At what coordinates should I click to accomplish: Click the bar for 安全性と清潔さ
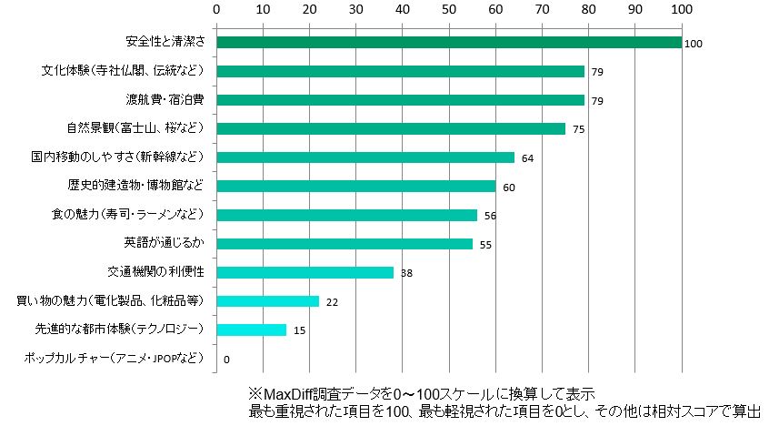[x=448, y=42]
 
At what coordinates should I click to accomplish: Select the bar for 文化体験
[x=400, y=71]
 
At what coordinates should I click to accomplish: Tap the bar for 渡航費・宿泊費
[x=400, y=99]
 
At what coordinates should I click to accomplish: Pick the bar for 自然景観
[x=391, y=128]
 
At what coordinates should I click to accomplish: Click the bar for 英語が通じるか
[x=345, y=243]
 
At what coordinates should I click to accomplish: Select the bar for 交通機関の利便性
[x=305, y=272]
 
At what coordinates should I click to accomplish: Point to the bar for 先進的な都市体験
[x=251, y=330]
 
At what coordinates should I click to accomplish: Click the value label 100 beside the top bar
[x=694, y=44]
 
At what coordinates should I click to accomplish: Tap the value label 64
[x=527, y=158]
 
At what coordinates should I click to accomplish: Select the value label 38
[x=406, y=273]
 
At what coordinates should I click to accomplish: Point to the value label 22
[x=332, y=302]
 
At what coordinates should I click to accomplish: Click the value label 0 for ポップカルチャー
[x=225, y=360]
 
